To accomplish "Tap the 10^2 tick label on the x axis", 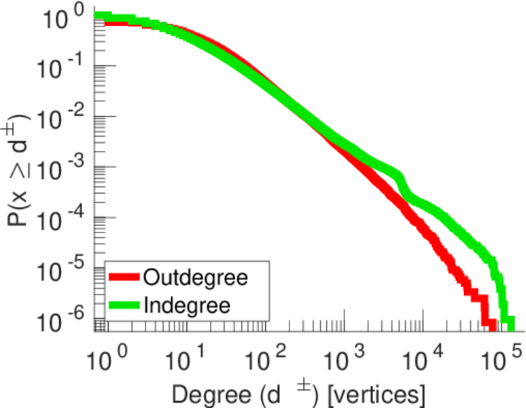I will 262,355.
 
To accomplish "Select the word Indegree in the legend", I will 187,305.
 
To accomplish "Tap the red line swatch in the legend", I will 124,277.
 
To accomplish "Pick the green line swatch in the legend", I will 124,305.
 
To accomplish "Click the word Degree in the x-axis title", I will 202,393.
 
